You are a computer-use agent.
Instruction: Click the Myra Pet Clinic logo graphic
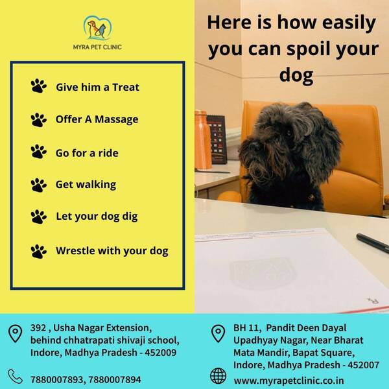(x=97, y=28)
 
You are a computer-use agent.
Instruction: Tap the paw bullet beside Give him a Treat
(x=39, y=86)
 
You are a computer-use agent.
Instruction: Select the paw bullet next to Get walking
(x=39, y=185)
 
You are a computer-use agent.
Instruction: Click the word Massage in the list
(x=117, y=119)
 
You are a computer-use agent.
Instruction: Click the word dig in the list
(x=130, y=217)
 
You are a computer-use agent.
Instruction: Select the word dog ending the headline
(x=296, y=76)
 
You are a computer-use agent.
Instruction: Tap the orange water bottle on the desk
(x=203, y=140)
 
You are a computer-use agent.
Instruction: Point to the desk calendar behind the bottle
(x=218, y=139)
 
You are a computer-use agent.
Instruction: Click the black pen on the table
(x=373, y=243)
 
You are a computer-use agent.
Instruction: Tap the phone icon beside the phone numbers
(x=15, y=376)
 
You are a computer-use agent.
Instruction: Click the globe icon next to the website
(x=218, y=376)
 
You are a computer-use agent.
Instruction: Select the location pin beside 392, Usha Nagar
(x=15, y=334)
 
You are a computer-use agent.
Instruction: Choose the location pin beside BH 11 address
(x=218, y=334)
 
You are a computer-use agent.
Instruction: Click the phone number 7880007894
(x=115, y=379)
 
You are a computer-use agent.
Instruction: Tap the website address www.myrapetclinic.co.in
(x=289, y=381)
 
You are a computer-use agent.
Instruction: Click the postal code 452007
(x=363, y=365)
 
